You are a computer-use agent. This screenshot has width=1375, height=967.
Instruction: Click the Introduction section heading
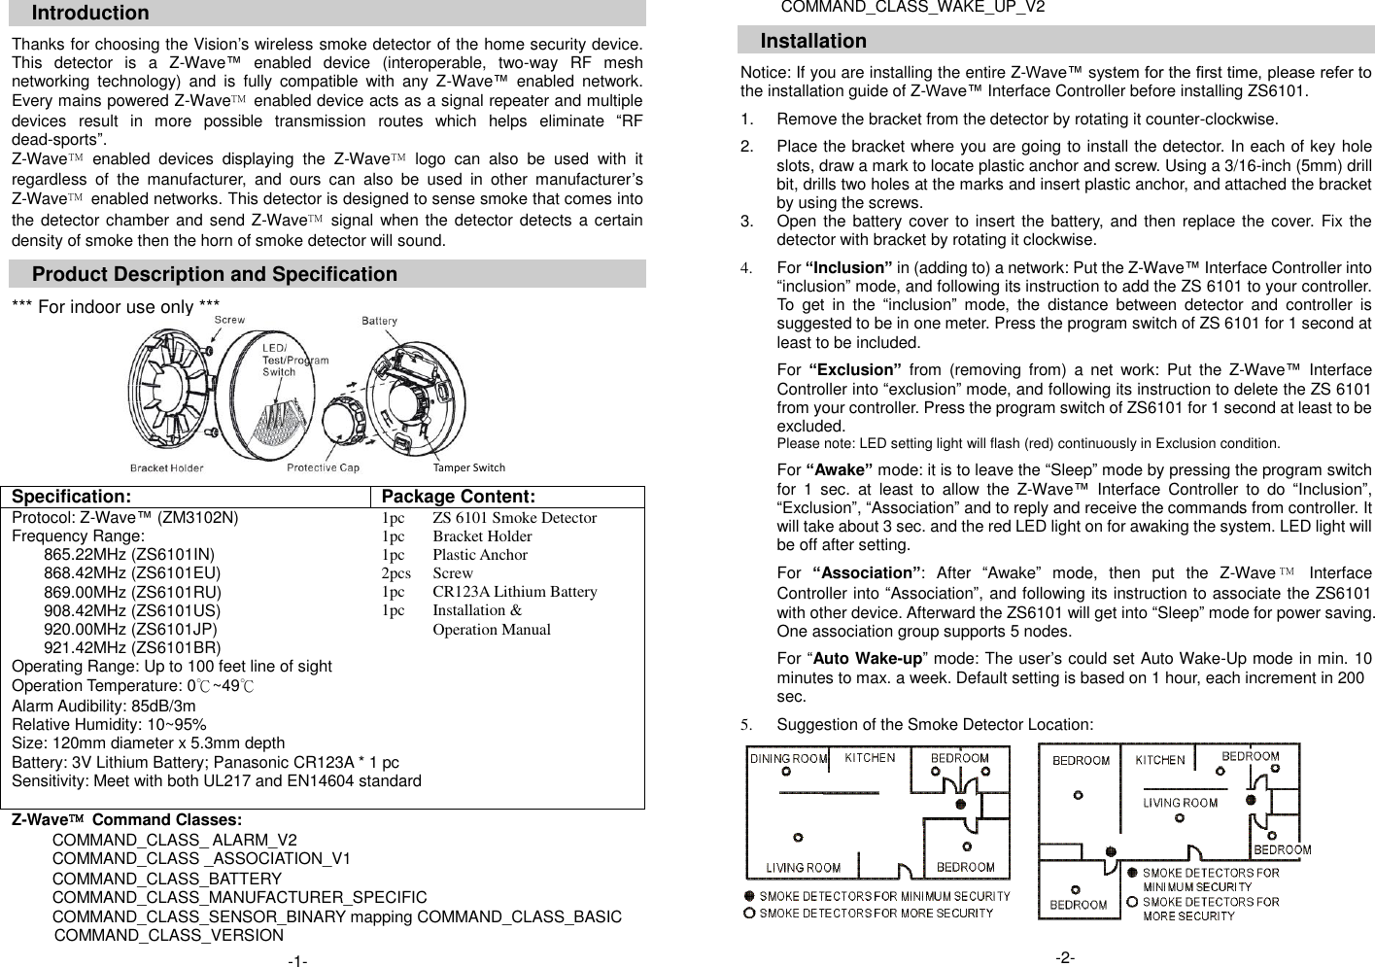point(90,14)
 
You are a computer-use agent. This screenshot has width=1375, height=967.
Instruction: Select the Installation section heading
point(813,42)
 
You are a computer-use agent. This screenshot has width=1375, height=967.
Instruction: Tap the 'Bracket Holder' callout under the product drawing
point(167,468)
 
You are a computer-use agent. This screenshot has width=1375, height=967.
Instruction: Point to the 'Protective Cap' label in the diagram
point(323,468)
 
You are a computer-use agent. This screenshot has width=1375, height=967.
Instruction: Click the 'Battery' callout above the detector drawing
point(380,321)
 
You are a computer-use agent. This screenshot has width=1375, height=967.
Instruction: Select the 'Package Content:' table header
point(459,498)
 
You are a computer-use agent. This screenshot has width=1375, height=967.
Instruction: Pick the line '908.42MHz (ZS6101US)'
point(132,611)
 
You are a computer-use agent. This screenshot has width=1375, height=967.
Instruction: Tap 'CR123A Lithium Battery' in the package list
point(515,592)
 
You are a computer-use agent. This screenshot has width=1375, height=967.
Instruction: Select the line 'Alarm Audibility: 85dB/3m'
point(104,707)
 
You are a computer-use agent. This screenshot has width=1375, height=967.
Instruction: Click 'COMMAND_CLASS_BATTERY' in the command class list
point(167,879)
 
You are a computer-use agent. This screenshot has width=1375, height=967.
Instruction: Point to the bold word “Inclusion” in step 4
point(849,268)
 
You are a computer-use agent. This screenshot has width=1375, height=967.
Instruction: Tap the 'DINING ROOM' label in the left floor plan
point(788,759)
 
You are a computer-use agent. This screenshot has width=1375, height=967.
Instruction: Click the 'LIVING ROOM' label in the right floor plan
point(1180,803)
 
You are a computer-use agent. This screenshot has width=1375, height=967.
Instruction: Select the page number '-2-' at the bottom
point(1065,958)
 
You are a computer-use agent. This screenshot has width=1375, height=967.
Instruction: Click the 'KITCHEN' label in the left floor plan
point(870,758)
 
